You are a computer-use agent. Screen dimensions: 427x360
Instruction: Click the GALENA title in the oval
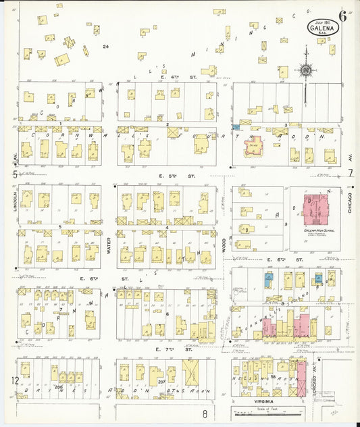tap(320, 28)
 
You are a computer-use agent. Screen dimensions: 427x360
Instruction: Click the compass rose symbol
tap(306, 70)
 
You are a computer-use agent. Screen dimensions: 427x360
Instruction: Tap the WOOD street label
tap(224, 242)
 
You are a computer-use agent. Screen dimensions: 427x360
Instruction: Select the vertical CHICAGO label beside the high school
tap(350, 201)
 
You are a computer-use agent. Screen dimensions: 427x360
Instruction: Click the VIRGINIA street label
tap(263, 399)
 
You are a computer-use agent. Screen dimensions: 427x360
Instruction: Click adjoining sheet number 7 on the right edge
tap(351, 173)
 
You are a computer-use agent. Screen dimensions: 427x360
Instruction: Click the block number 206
tap(59, 386)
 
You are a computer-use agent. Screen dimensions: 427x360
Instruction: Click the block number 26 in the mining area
tap(105, 47)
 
